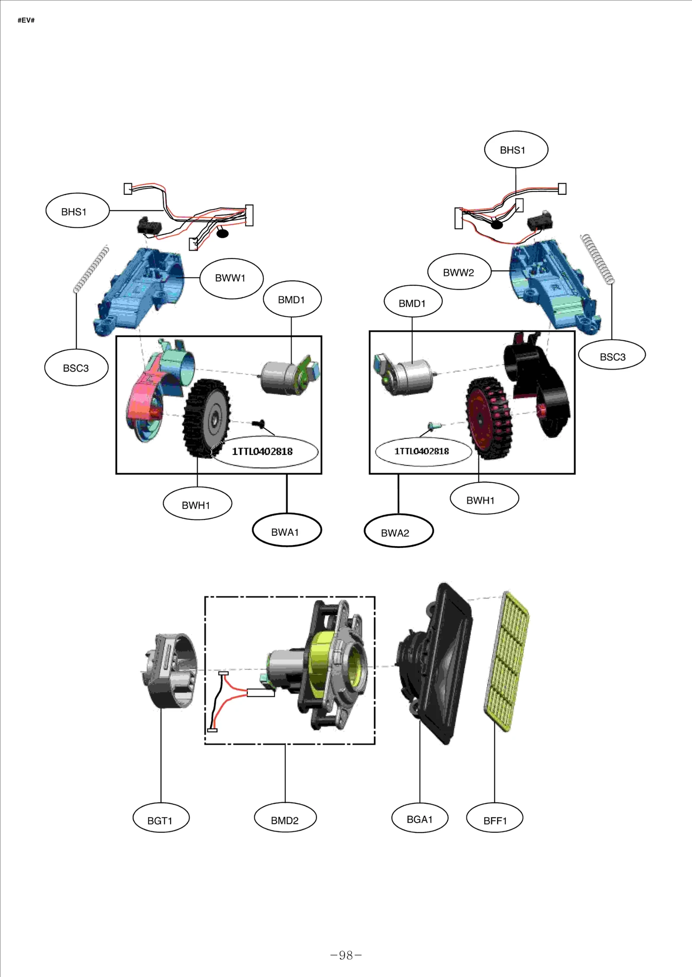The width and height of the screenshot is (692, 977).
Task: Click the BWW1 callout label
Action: pyautogui.click(x=231, y=278)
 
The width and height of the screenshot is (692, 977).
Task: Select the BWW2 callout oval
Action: pyautogui.click(x=459, y=272)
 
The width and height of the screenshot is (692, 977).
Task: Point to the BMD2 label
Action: pyautogui.click(x=285, y=820)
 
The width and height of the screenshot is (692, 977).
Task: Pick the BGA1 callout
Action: pyautogui.click(x=420, y=819)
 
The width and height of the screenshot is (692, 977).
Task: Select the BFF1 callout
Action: pyautogui.click(x=494, y=820)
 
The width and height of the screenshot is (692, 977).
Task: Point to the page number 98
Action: pyautogui.click(x=346, y=955)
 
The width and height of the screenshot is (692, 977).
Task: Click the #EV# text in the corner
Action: pyautogui.click(x=26, y=20)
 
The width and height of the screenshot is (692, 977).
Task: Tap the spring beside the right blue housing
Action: pyautogui.click(x=597, y=259)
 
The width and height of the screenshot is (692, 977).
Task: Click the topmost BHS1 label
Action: pyautogui.click(x=516, y=150)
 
